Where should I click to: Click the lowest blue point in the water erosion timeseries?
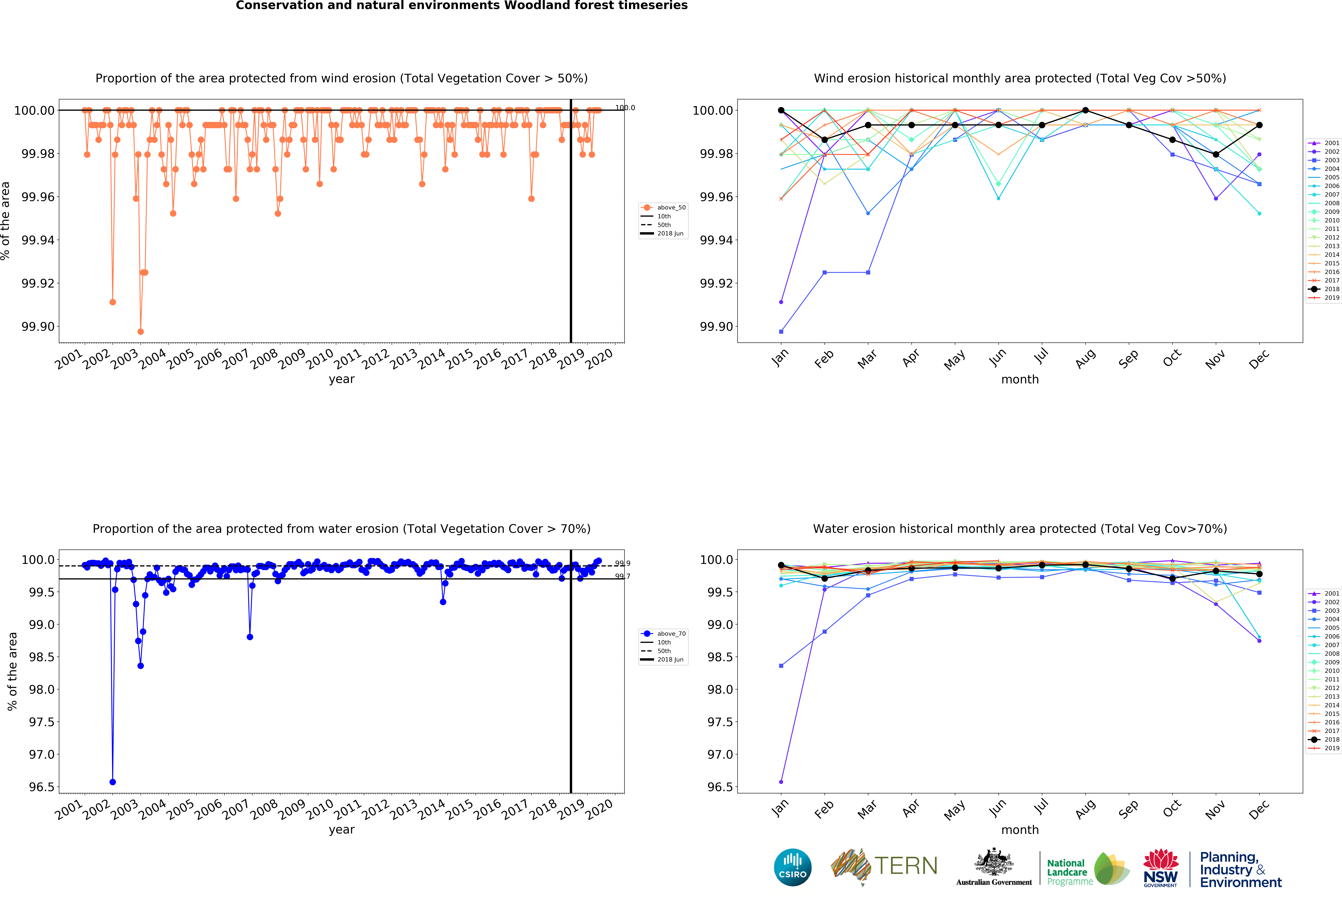113,782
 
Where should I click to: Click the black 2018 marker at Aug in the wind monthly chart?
1086,110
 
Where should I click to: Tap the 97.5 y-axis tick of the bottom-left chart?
41,722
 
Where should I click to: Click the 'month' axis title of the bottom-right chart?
1020,830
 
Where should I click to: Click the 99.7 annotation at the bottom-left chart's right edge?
622,576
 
